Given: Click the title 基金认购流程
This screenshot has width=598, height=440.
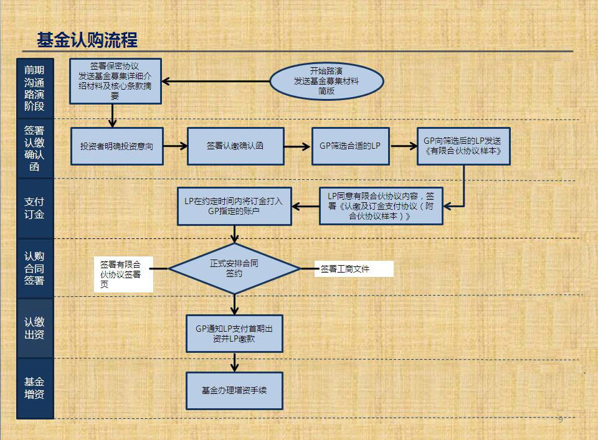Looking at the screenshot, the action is point(87,40).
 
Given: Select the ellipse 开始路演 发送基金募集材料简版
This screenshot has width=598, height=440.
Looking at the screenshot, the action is point(326,81).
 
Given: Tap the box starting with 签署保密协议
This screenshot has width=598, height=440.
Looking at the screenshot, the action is point(116,81).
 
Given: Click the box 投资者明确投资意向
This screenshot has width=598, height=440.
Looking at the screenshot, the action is point(117,146).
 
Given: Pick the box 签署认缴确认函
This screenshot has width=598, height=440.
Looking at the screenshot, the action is point(235,146).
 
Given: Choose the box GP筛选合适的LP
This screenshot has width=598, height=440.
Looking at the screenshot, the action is point(351,146).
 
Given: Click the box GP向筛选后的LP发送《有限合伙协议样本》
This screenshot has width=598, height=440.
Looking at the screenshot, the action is point(463,146).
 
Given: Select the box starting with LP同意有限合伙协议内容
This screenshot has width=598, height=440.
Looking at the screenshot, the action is point(381,206).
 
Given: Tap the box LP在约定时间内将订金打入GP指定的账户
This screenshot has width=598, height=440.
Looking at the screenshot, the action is point(234,206).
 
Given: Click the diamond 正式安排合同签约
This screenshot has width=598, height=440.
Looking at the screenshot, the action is point(234,269).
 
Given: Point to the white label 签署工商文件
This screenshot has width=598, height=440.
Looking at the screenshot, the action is point(354,269).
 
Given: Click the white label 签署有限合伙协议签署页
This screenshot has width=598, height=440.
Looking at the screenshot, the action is point(123,274).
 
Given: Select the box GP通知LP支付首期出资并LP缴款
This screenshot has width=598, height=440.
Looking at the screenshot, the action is point(234,334).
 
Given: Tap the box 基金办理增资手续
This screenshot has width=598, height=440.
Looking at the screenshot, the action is point(234,391).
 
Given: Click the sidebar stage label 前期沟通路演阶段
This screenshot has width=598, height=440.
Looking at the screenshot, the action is point(35,88).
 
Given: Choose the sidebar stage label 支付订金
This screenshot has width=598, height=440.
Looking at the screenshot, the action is point(35,208).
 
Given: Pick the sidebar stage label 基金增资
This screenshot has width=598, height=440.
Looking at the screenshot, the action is point(35,388).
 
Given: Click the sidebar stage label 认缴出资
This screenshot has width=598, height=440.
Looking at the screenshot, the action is point(35,328).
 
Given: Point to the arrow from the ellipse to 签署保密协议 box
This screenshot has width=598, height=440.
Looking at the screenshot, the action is point(216,81).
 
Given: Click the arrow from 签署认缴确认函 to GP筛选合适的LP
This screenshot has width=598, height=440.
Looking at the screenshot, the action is point(298,146).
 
